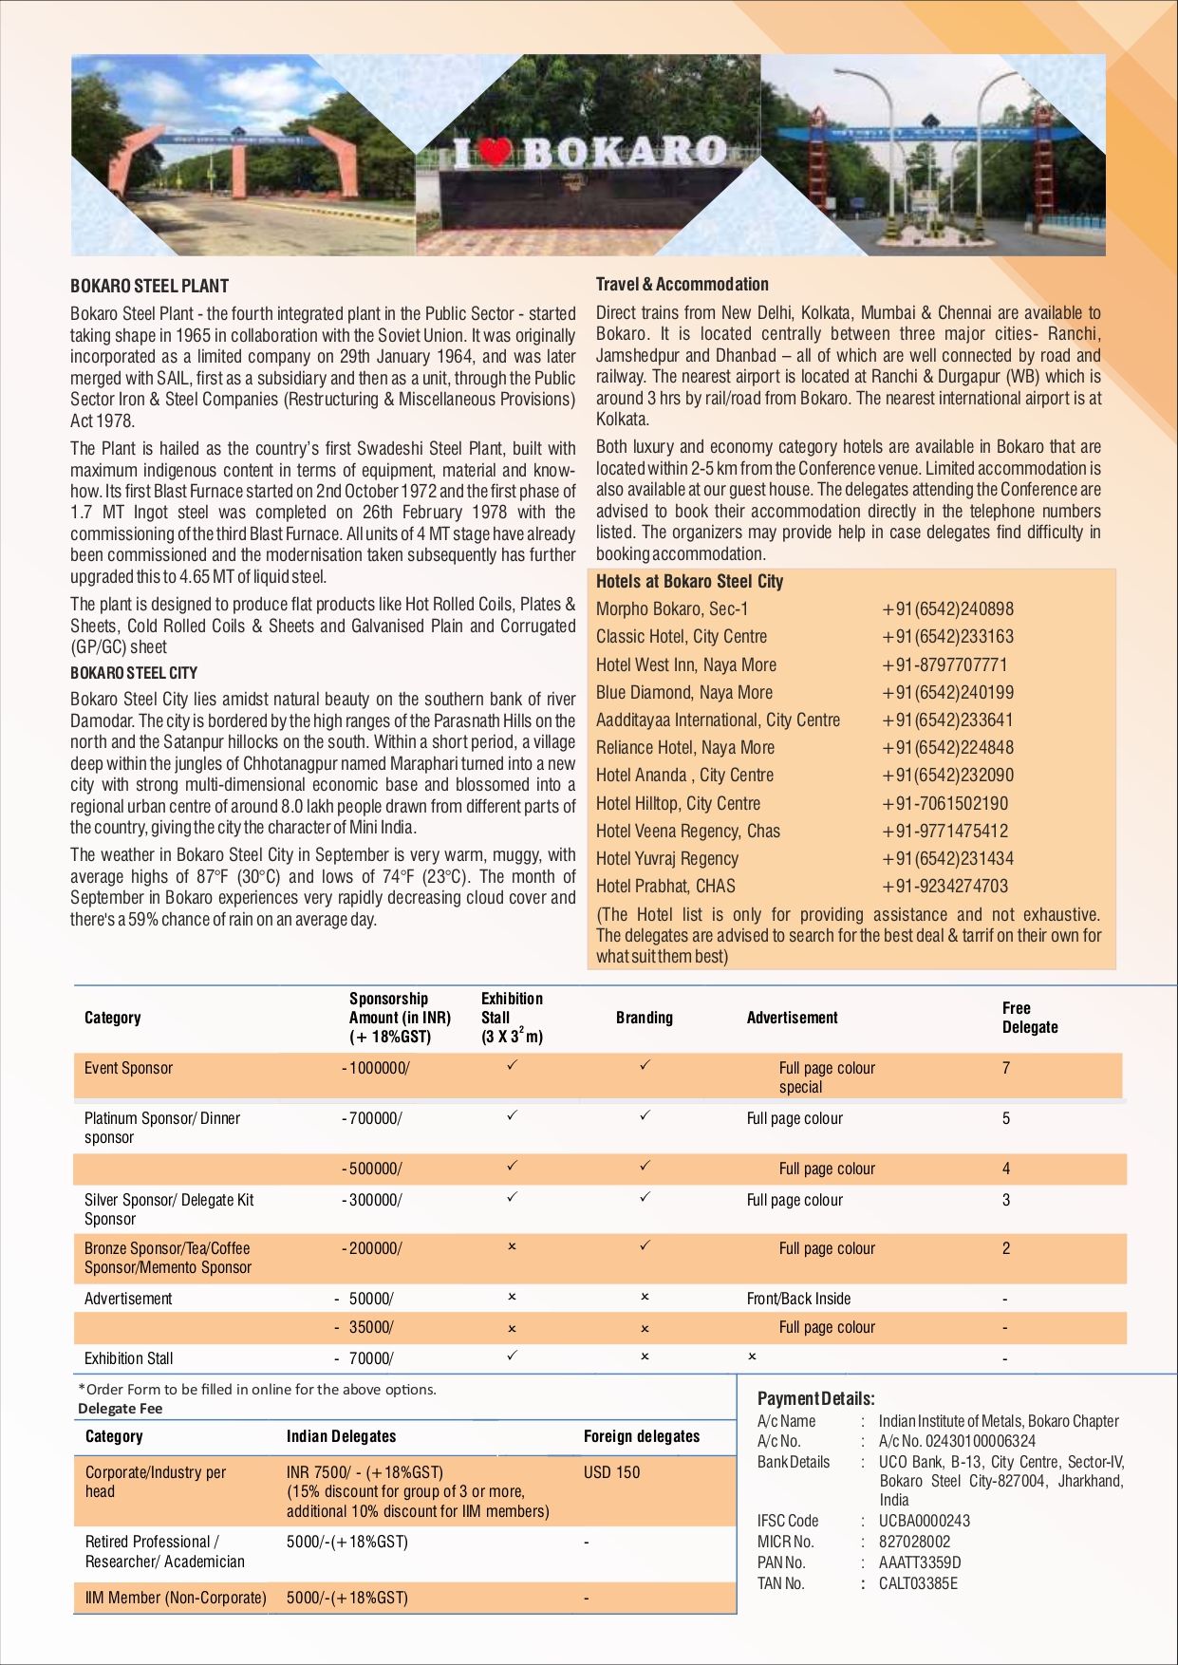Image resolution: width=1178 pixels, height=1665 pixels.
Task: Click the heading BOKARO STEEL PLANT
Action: click(x=149, y=286)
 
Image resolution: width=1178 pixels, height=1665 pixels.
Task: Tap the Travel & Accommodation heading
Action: click(x=682, y=284)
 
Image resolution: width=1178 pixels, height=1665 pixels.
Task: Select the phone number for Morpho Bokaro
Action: click(x=947, y=609)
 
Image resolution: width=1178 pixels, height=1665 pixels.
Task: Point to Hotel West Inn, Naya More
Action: click(x=685, y=664)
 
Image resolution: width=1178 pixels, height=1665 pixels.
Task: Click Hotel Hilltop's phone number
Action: click(x=944, y=803)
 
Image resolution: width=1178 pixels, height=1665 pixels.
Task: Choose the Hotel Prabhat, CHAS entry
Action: click(x=665, y=886)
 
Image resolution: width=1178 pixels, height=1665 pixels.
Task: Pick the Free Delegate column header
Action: click(x=1029, y=1018)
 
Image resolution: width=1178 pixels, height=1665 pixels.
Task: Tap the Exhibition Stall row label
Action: click(x=128, y=1358)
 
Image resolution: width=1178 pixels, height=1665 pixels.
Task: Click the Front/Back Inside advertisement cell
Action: click(x=798, y=1299)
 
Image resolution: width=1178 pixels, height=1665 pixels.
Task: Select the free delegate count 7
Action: click(x=1006, y=1068)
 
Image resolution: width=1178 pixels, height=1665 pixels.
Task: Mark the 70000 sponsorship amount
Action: click(x=370, y=1358)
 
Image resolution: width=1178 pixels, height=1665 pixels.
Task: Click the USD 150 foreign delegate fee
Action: click(x=611, y=1472)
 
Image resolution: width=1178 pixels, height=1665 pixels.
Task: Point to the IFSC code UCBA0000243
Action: click(x=924, y=1521)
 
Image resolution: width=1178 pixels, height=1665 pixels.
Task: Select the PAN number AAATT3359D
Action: click(x=919, y=1562)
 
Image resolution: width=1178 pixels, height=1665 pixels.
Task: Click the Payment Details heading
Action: click(x=815, y=1398)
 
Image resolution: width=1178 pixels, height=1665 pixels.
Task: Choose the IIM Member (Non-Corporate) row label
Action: click(x=176, y=1598)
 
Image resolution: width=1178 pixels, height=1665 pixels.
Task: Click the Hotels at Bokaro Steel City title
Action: click(x=689, y=582)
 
